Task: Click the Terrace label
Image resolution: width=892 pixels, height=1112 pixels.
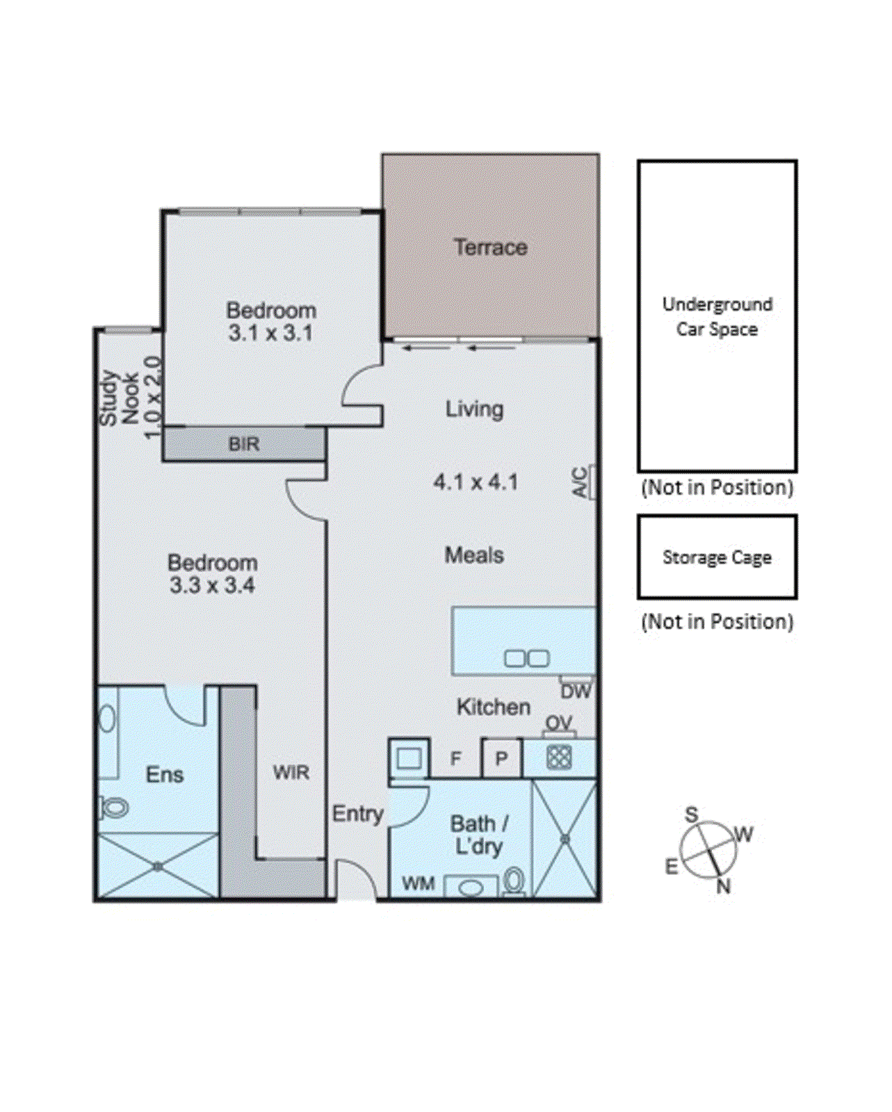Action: click(x=490, y=247)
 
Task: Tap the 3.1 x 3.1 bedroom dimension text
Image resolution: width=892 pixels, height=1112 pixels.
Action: click(x=270, y=334)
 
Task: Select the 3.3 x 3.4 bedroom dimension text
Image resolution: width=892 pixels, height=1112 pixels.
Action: click(x=212, y=585)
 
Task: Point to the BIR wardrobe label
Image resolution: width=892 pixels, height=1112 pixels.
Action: click(x=244, y=444)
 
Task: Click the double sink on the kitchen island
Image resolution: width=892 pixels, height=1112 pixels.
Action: click(x=526, y=658)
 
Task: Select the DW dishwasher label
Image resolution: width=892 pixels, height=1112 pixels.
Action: click(x=576, y=692)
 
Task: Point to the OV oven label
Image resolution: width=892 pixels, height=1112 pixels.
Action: click(x=559, y=723)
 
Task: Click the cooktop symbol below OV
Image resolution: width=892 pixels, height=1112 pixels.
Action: click(x=559, y=757)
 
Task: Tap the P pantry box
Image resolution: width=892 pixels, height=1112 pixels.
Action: click(x=501, y=758)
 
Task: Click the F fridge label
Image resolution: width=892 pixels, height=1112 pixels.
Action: click(x=456, y=758)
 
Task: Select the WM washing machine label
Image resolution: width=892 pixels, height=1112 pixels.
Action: click(x=419, y=883)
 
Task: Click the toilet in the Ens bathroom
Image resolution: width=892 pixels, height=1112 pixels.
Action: click(x=115, y=808)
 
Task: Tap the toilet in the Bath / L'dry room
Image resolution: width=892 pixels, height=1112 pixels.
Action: click(x=514, y=881)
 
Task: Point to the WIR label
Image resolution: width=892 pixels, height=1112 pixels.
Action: click(x=291, y=772)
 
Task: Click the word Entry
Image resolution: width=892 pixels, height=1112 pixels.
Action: click(x=357, y=814)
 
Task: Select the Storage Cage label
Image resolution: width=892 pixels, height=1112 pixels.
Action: click(x=717, y=557)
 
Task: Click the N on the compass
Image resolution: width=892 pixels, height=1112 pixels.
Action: click(x=723, y=886)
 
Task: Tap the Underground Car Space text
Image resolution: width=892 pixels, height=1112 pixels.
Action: click(x=717, y=317)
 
